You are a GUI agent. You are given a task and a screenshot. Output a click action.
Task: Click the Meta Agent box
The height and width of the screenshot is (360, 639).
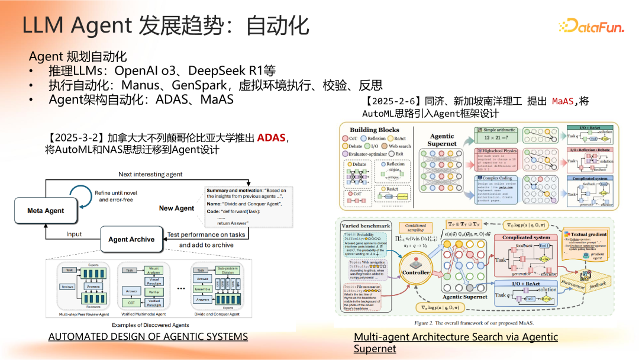click(46, 210)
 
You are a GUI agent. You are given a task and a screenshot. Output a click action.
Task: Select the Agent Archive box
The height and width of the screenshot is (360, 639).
click(131, 239)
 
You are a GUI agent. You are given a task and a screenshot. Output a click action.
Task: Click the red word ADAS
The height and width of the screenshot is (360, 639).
click(270, 138)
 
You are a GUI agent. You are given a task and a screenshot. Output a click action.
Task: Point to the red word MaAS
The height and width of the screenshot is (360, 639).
click(562, 101)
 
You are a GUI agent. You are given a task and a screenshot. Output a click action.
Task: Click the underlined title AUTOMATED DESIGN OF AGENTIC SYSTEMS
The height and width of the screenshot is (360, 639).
click(148, 336)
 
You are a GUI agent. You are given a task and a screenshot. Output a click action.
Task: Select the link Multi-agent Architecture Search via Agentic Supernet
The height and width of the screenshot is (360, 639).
click(456, 342)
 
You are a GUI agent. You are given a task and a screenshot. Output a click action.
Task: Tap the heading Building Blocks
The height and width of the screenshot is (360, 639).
click(375, 130)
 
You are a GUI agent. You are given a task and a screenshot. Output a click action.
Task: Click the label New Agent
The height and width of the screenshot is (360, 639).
click(176, 208)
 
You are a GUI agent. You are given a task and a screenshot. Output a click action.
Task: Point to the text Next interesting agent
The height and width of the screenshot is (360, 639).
click(150, 175)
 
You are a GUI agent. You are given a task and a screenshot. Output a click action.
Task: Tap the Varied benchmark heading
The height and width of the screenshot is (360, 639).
click(366, 226)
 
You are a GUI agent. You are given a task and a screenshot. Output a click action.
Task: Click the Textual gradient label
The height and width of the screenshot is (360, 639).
click(588, 234)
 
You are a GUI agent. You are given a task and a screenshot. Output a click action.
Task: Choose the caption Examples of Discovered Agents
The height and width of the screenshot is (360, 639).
click(150, 325)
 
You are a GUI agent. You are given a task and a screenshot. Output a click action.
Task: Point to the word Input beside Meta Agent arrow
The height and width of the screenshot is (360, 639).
click(74, 234)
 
